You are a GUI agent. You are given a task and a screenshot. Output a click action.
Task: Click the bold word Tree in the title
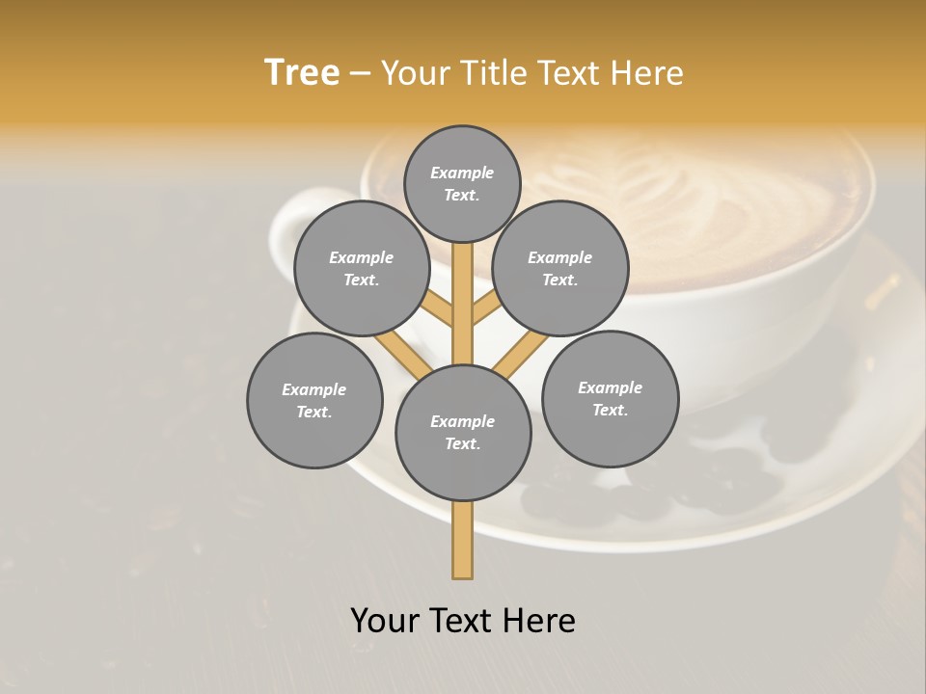302,73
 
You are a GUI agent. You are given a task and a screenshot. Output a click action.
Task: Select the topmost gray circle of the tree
462,183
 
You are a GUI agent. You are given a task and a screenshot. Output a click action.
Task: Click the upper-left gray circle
362,268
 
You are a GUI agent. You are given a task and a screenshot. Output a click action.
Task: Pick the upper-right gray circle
560,268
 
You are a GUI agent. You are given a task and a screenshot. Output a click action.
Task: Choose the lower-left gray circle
314,400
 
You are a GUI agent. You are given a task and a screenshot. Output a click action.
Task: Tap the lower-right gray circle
610,398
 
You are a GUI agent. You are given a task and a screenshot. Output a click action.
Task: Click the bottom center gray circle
463,432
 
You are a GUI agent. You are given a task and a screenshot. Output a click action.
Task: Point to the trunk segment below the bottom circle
462,540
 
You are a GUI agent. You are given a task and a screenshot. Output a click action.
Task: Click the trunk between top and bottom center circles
462,304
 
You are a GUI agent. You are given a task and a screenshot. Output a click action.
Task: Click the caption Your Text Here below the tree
463,621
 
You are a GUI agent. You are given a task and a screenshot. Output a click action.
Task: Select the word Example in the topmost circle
462,173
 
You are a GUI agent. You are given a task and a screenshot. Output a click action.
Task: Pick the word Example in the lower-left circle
313,389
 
